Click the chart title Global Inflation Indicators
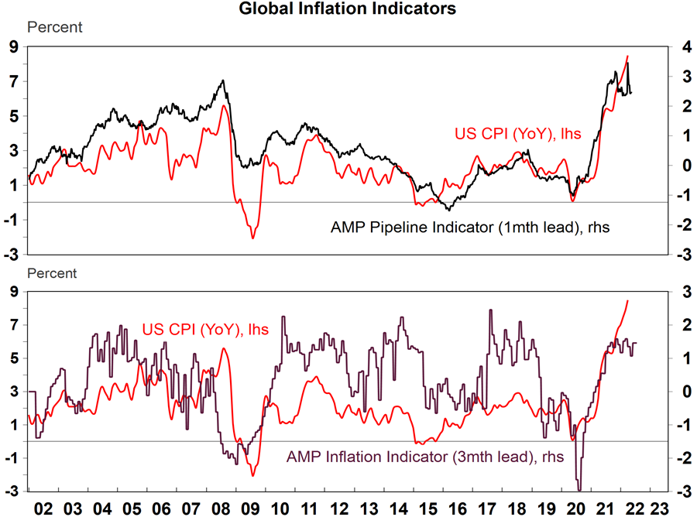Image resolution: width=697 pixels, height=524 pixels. pos(348,9)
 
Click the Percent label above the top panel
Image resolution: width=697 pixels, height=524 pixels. pos(54,28)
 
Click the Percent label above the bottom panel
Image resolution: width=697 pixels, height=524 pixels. pos(53,273)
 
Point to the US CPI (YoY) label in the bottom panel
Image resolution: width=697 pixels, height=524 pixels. pos(205,330)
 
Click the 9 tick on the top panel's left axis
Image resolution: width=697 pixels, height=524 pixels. pos(14,47)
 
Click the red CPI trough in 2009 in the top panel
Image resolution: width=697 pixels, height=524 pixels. pos(253,238)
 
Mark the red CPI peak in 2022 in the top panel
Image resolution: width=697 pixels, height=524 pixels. pos(627,56)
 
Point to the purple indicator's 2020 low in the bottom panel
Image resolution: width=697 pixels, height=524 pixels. pos(579,488)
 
